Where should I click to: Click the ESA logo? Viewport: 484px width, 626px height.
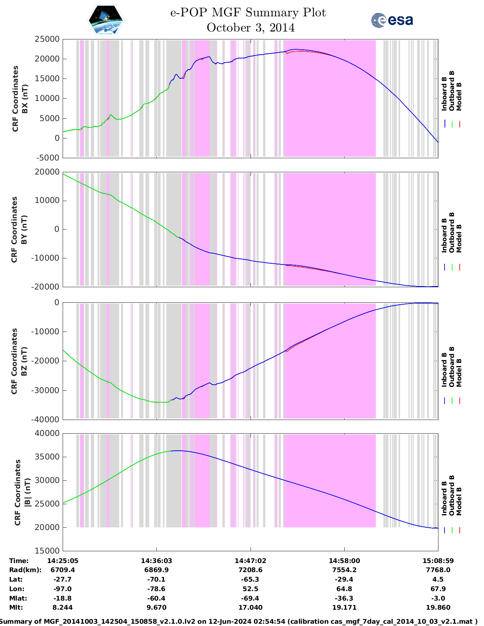(392, 20)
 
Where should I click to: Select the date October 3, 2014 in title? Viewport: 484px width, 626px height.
(251, 28)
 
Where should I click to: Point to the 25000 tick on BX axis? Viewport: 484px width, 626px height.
(47, 39)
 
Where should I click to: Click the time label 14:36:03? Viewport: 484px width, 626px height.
(156, 561)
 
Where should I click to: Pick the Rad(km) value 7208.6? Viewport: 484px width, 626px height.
(250, 570)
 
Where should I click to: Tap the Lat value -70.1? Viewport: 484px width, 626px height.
(156, 579)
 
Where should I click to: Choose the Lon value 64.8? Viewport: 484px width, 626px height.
(344, 589)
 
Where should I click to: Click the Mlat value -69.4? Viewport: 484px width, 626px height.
(250, 598)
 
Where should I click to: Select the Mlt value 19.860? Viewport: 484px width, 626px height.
(438, 607)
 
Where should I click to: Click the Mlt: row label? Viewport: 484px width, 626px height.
(16, 607)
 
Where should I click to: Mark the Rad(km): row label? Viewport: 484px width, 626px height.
(25, 570)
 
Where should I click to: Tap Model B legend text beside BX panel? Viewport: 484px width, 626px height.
(459, 96)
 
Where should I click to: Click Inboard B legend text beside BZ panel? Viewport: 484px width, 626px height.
(445, 370)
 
